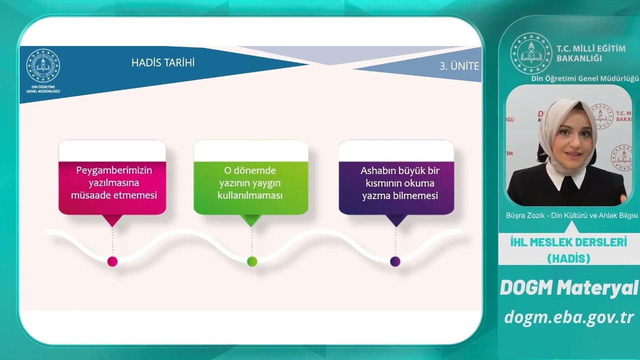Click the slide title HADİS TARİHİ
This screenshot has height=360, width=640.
163,62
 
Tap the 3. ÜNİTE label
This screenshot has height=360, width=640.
459,66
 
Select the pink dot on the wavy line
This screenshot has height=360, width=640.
112,261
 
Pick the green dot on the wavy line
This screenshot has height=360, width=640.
252,261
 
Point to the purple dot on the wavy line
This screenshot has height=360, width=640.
395,261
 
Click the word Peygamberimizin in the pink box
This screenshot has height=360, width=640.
114,170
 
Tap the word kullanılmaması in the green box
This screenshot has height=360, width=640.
250,195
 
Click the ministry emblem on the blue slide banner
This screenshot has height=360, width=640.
43,65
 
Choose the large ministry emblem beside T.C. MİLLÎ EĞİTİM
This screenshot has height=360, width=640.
531,53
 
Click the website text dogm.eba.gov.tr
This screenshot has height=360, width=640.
569,317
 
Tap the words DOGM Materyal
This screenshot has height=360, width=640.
569,287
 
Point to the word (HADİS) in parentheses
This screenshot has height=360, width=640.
568,258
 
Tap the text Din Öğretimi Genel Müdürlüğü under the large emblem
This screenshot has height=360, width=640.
584,78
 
